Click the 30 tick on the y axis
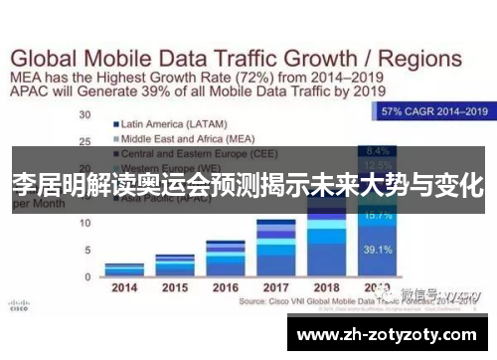click(85, 115)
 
